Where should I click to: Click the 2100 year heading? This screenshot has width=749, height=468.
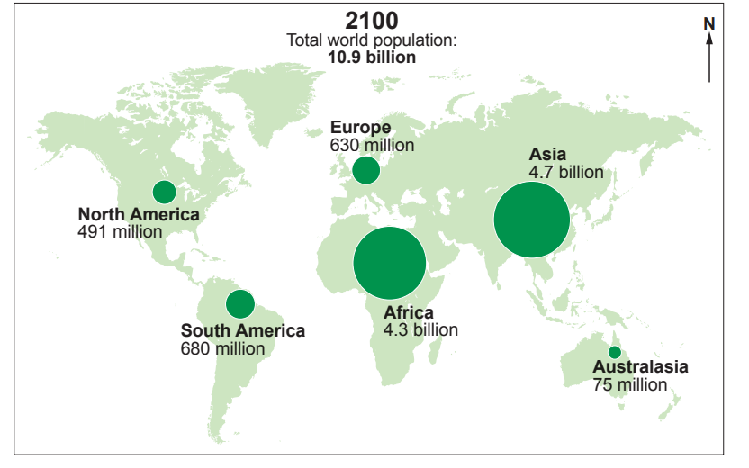pyautogui.click(x=372, y=21)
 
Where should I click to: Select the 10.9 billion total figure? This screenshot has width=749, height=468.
pyautogui.click(x=372, y=57)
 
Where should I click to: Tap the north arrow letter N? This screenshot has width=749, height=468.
pyautogui.click(x=708, y=23)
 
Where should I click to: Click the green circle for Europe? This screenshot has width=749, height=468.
pyautogui.click(x=365, y=170)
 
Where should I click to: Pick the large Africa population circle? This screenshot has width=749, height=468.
pyautogui.click(x=389, y=263)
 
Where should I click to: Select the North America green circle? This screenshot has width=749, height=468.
pyautogui.click(x=164, y=192)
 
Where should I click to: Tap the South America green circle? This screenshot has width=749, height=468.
pyautogui.click(x=239, y=303)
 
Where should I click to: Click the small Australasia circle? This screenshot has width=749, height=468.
pyautogui.click(x=614, y=352)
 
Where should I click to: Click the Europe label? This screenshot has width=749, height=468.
pyautogui.click(x=360, y=128)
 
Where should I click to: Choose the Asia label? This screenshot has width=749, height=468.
pyautogui.click(x=547, y=155)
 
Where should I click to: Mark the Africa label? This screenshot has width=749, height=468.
pyautogui.click(x=409, y=313)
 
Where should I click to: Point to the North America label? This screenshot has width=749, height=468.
pyautogui.click(x=139, y=214)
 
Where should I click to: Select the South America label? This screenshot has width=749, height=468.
pyautogui.click(x=243, y=330)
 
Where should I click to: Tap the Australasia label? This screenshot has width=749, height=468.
pyautogui.click(x=640, y=367)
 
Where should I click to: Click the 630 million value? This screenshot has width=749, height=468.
pyautogui.click(x=372, y=145)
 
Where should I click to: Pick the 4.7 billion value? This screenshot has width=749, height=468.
pyautogui.click(x=566, y=172)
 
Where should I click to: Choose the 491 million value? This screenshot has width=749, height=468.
pyautogui.click(x=121, y=231)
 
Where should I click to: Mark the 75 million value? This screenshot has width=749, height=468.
pyautogui.click(x=630, y=384)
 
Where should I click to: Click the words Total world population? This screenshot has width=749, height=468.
pyautogui.click(x=372, y=40)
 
